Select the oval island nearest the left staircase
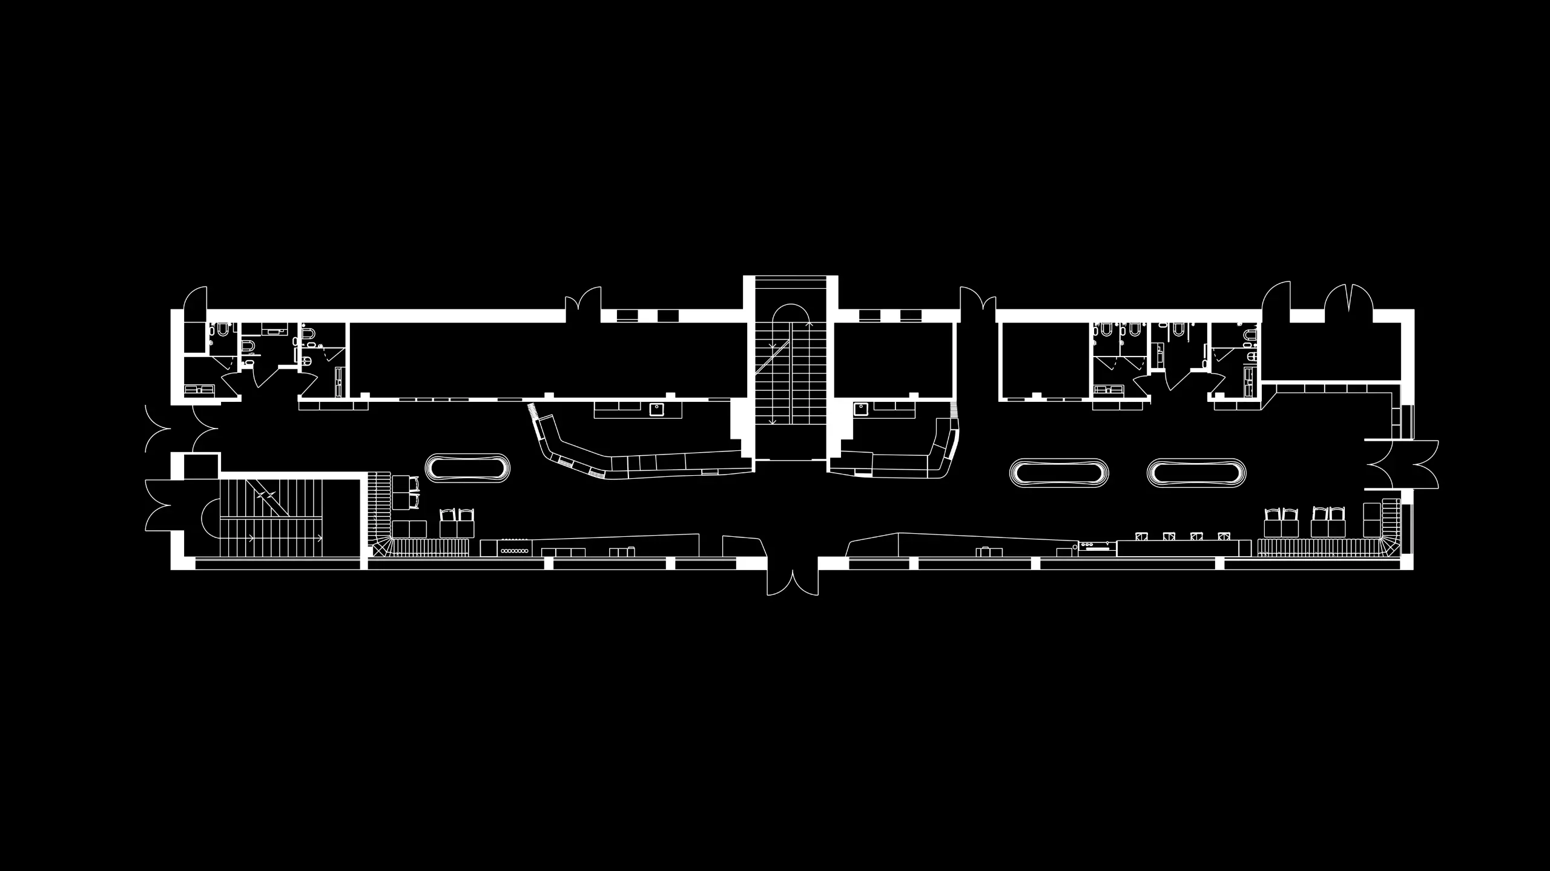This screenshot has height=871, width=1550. pos(467,468)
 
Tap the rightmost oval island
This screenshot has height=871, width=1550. pos(1196,472)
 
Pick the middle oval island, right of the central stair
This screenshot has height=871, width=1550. pos(1059,472)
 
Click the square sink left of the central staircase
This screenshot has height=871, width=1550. pos(656,410)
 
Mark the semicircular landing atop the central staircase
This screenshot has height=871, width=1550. pos(791,314)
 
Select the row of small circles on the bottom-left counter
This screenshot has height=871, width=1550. pos(513,551)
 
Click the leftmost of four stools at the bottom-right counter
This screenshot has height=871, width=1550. pos(1143,536)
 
